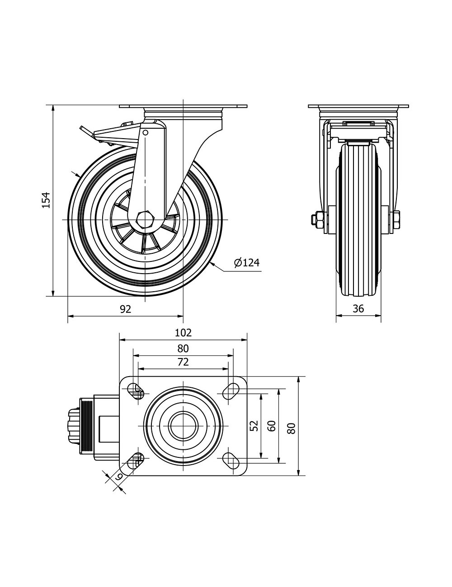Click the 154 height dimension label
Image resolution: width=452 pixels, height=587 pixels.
[x=46, y=200]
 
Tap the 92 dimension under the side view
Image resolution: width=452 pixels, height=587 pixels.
[x=125, y=309]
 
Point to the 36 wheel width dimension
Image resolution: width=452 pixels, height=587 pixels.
[x=358, y=309]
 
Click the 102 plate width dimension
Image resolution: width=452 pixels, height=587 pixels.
[x=183, y=333]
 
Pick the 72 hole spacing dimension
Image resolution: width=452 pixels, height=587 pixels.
[x=183, y=362]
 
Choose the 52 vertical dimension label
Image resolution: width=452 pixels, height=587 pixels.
[x=254, y=425]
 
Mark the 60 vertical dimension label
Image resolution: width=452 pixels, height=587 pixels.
[x=271, y=425]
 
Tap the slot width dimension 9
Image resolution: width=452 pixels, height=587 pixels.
[x=118, y=476]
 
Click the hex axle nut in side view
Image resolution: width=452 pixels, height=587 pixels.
[x=145, y=219]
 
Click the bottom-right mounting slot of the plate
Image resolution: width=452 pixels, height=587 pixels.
[x=232, y=461]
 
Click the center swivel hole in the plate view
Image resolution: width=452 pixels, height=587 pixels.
[x=183, y=425]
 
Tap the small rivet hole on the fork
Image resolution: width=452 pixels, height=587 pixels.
[x=146, y=133]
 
